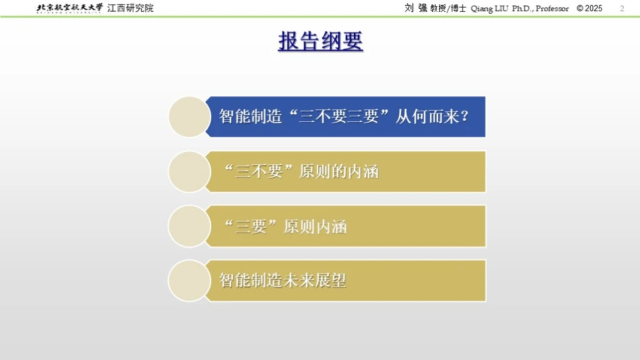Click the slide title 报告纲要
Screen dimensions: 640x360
pyautogui.click(x=321, y=41)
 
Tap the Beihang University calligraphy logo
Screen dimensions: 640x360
pyautogui.click(x=70, y=8)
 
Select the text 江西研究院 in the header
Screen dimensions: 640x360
pyautogui.click(x=130, y=8)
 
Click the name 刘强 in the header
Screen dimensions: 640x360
pyautogui.click(x=416, y=8)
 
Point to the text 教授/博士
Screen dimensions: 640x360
pyautogui.click(x=448, y=8)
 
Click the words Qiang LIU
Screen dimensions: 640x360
pyautogui.click(x=489, y=9)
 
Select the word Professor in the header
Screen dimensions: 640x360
pyautogui.click(x=552, y=9)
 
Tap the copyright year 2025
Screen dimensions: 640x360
pyautogui.click(x=594, y=8)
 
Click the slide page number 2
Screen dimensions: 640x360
pyautogui.click(x=622, y=9)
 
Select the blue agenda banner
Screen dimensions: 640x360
pyautogui.click(x=345, y=117)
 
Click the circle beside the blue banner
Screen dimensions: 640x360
pyautogui.click(x=189, y=117)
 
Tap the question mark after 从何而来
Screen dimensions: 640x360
pyautogui.click(x=464, y=117)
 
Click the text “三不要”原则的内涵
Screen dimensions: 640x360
pyautogui.click(x=302, y=171)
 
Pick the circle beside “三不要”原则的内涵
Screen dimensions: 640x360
pyautogui.click(x=189, y=172)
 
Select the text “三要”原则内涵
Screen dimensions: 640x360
pyautogui.click(x=286, y=226)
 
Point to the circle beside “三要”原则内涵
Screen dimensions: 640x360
pyautogui.click(x=189, y=226)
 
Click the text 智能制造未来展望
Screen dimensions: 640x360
pyautogui.click(x=282, y=281)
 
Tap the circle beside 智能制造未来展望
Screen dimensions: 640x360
pyautogui.click(x=189, y=281)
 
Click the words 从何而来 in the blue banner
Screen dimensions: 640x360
pyautogui.click(x=427, y=117)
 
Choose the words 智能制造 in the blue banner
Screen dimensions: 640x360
pyautogui.click(x=251, y=117)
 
